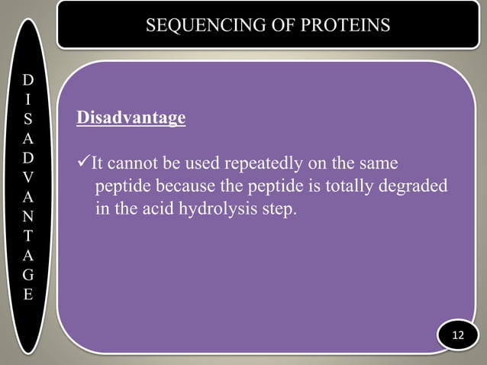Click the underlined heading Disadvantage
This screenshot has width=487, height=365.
click(131, 119)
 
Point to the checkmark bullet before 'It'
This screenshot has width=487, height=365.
click(84, 164)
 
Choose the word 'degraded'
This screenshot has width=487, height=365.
click(411, 187)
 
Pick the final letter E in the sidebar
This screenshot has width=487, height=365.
click(27, 293)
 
